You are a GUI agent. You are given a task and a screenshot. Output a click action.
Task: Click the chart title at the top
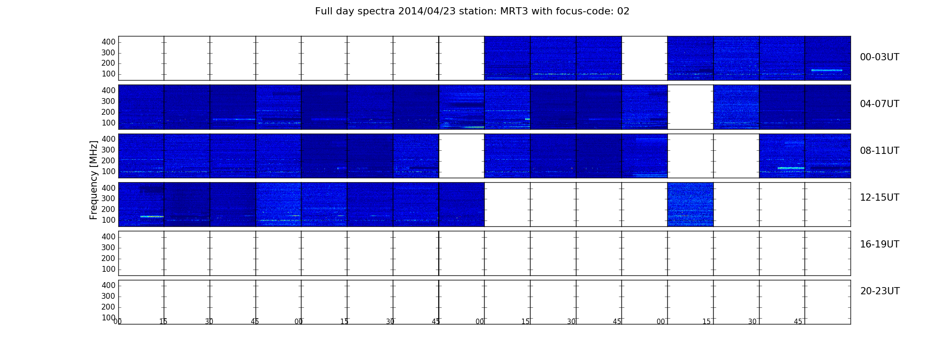[x=472, y=11]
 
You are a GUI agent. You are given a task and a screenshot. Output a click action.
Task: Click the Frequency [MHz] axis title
[x=94, y=180]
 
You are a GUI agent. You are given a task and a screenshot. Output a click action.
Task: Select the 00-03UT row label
[x=879, y=57]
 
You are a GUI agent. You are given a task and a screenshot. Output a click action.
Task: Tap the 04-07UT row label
[x=879, y=104]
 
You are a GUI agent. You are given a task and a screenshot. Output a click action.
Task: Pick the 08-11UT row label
[x=879, y=151]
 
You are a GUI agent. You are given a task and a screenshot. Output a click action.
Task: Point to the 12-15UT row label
[x=879, y=198]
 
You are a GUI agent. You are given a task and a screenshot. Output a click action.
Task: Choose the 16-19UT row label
[x=879, y=244]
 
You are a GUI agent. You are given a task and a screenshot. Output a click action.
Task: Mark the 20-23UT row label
[x=880, y=291]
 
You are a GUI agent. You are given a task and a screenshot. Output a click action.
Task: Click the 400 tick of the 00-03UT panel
[x=108, y=42]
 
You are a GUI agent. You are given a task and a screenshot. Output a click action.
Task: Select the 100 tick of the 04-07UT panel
[x=108, y=123]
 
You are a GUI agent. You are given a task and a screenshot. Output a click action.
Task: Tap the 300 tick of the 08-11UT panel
[x=108, y=150]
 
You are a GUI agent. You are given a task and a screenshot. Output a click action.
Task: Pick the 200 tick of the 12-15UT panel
[x=108, y=209]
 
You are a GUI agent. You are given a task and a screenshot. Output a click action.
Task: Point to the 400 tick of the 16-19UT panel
[x=108, y=237]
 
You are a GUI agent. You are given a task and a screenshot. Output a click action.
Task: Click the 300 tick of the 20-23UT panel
[x=108, y=296]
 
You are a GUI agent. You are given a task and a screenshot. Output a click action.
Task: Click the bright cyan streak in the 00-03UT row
[x=827, y=70]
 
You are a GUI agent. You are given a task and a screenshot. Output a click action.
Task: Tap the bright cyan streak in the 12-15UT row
[x=152, y=216]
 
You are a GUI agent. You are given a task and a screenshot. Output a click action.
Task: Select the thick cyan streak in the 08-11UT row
[x=791, y=168]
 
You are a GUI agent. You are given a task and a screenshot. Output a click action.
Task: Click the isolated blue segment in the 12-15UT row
[x=690, y=204]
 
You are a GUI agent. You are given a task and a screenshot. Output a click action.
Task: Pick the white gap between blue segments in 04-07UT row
[x=690, y=107]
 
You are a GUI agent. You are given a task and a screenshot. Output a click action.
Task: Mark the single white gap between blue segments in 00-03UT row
[x=644, y=58]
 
